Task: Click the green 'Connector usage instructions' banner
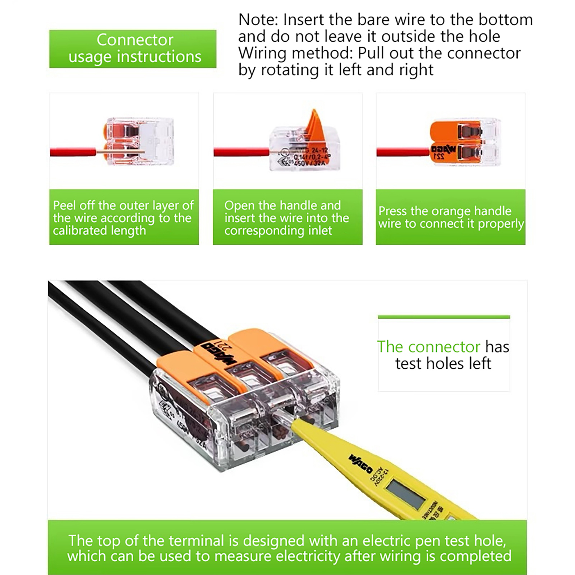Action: (x=133, y=49)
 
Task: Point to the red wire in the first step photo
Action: (x=72, y=152)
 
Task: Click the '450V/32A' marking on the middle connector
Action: (x=309, y=164)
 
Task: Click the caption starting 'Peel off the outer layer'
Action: (x=124, y=217)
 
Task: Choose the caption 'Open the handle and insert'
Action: (x=287, y=217)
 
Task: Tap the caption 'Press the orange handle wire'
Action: (x=450, y=217)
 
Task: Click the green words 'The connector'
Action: (x=428, y=347)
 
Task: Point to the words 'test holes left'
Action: (x=443, y=363)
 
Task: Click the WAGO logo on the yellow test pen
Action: (x=360, y=464)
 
